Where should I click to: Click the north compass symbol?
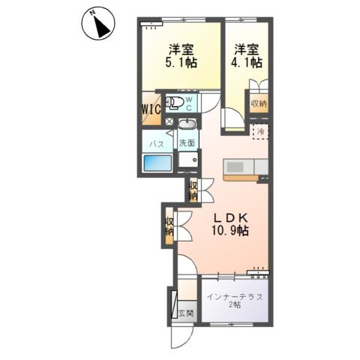pos(98,24)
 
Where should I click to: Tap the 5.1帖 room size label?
pos(181,62)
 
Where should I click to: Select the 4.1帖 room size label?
pos(246,62)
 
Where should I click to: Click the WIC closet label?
pos(151,109)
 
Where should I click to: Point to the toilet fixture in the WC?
pos(174,103)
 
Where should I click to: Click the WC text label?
pos(189,103)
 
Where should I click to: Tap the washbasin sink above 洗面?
pos(187,124)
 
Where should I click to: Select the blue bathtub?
pos(157,163)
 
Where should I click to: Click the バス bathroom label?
pos(157,144)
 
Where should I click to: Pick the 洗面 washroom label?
pos(187,143)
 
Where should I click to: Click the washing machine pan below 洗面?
pos(188,160)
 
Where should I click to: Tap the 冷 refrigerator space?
pos(260,131)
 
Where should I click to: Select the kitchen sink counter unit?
pos(246,166)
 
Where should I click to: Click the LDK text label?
pos(230,218)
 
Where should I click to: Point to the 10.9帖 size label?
pos(230,230)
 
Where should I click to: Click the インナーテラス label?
pos(235,297)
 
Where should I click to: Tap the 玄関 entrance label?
pos(186,313)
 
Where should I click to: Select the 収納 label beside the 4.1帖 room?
pos(259,103)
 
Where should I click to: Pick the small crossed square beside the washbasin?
pos(169,121)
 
